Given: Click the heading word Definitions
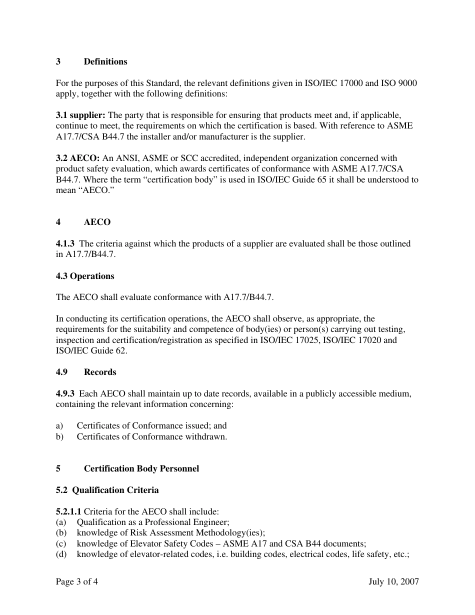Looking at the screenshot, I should (105, 61).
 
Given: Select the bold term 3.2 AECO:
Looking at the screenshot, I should (78, 158).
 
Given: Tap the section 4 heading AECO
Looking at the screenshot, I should (97, 222).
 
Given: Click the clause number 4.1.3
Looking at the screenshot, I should (65, 243).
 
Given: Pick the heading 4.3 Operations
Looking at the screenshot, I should (85, 276).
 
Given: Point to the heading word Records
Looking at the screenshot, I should (100, 372).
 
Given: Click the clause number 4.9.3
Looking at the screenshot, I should (65, 393).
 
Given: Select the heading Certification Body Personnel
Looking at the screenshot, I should (141, 468).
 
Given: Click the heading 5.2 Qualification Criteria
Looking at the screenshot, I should (107, 490).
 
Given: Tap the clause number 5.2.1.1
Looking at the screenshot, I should (68, 511).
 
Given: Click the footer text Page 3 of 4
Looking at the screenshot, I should (77, 581).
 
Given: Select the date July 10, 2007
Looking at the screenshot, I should (393, 581).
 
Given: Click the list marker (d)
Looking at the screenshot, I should (61, 554).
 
